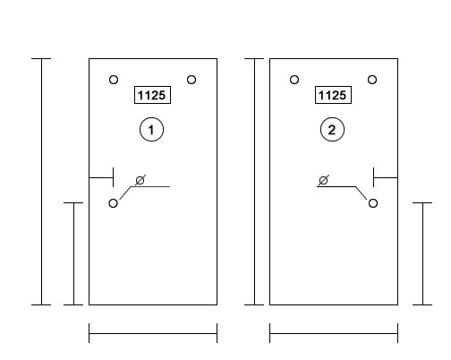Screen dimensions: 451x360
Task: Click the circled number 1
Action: pyautogui.click(x=151, y=130)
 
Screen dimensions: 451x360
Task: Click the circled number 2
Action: pyautogui.click(x=332, y=130)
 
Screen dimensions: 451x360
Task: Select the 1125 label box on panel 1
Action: pyautogui.click(x=152, y=95)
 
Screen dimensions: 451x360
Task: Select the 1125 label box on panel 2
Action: pyautogui.click(x=333, y=95)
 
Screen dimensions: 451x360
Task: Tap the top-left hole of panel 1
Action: pyautogui.click(x=114, y=80)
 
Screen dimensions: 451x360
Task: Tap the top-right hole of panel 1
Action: pyautogui.click(x=191, y=80)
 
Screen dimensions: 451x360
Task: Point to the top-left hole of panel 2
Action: pyautogui.click(x=294, y=80)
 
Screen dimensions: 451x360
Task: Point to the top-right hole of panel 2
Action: pyautogui.click(x=372, y=80)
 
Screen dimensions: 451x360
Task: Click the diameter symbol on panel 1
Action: pyautogui.click(x=140, y=180)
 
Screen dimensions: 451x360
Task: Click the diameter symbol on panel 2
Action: pyautogui.click(x=324, y=180)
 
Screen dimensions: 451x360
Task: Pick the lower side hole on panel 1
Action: pyautogui.click(x=113, y=203)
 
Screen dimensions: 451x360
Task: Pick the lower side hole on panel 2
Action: pyautogui.click(x=373, y=203)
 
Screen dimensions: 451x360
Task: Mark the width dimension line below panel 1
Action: pyautogui.click(x=153, y=333)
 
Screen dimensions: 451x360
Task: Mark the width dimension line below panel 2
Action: pyautogui.click(x=334, y=333)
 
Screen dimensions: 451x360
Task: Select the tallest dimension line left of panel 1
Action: pyautogui.click(x=41, y=182)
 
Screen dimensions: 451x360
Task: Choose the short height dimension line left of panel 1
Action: pyautogui.click(x=73, y=253)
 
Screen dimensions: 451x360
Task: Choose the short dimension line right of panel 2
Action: pyautogui.click(x=422, y=253)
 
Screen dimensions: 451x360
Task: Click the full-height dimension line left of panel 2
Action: pyautogui.click(x=254, y=182)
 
